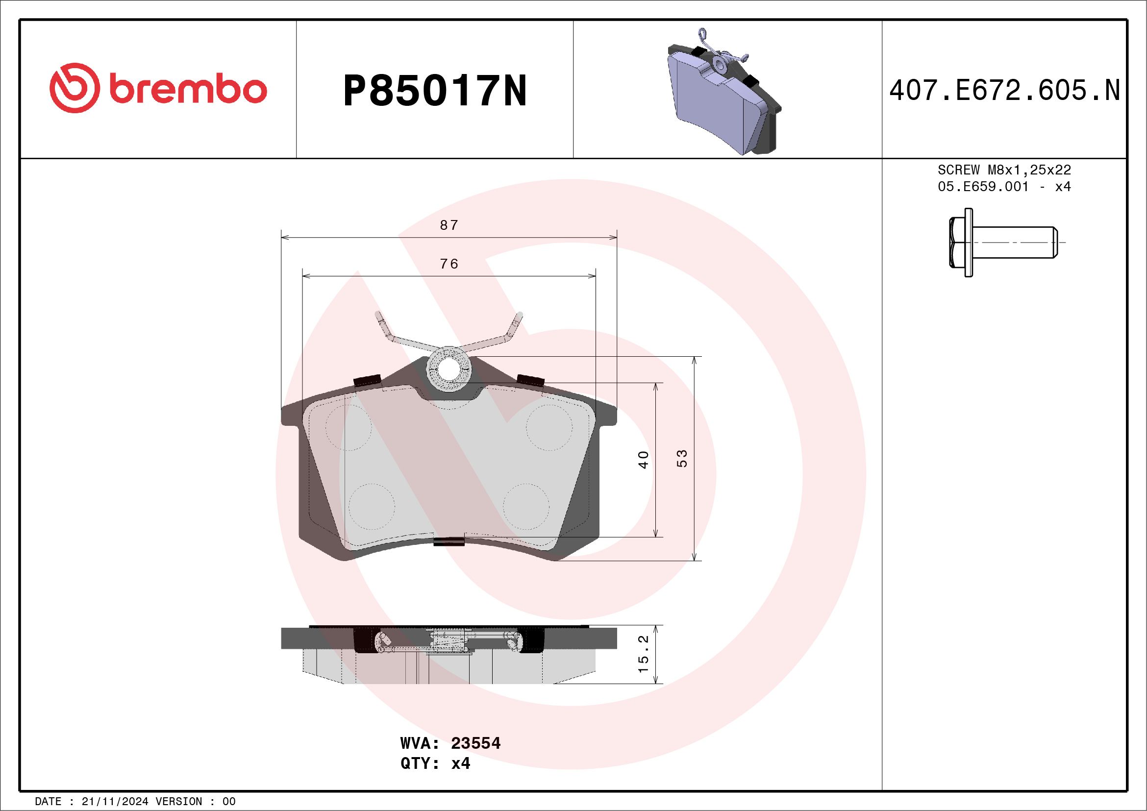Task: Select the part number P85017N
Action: tap(435, 91)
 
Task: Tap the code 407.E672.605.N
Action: tap(1004, 91)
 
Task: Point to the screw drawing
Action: tap(1001, 243)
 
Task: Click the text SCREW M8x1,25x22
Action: tap(1004, 170)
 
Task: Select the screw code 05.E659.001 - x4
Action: tap(1004, 187)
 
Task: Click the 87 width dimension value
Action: tap(449, 225)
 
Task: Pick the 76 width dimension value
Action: tap(449, 264)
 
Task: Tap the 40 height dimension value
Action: tap(644, 459)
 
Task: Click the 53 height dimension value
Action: tap(682, 458)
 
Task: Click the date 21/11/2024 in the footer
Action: tap(114, 802)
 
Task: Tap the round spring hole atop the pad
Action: tap(448, 370)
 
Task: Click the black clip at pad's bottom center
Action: tap(449, 541)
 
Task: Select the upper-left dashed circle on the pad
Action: tap(348, 427)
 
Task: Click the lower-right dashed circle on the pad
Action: tap(526, 506)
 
